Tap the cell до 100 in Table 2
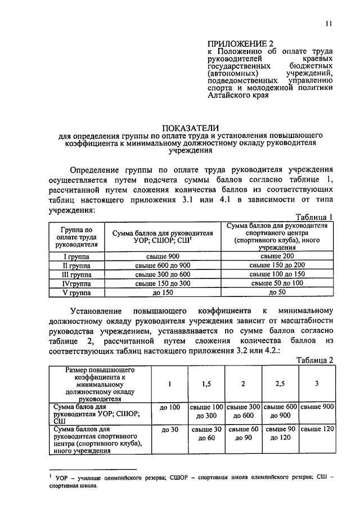pyautogui.click(x=169, y=407)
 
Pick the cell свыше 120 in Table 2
pyautogui.click(x=317, y=429)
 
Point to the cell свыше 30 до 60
pyautogui.click(x=206, y=434)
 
